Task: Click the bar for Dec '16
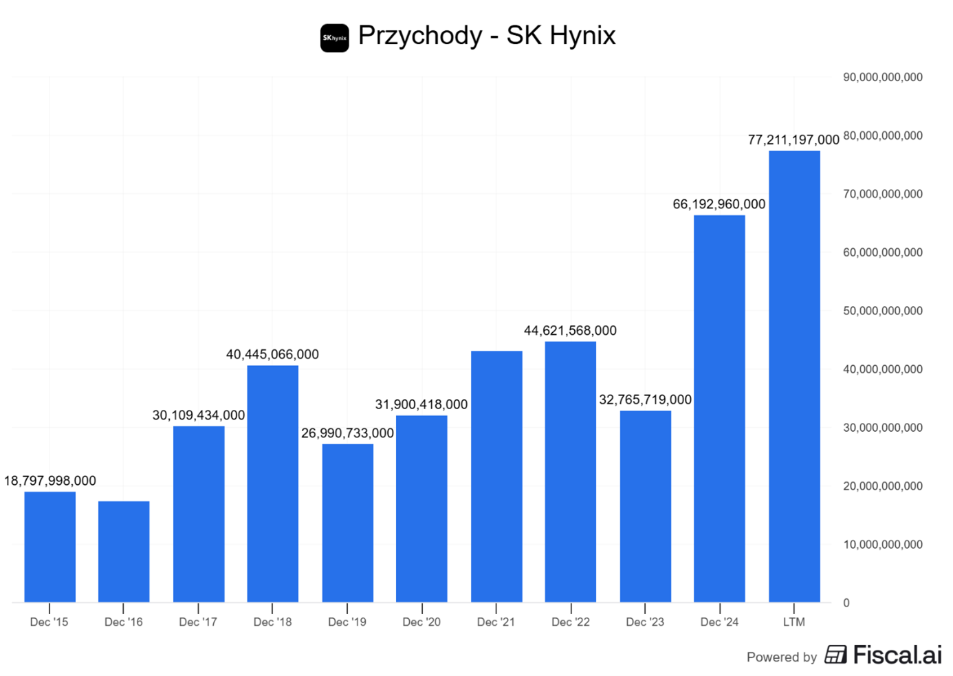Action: pyautogui.click(x=124, y=552)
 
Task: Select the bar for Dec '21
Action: pyautogui.click(x=496, y=477)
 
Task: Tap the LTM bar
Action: pyautogui.click(x=794, y=376)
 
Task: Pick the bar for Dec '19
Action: pyautogui.click(x=347, y=523)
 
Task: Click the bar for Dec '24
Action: pyautogui.click(x=719, y=408)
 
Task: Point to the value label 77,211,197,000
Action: pyautogui.click(x=793, y=140)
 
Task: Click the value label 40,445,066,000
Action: pyautogui.click(x=272, y=355)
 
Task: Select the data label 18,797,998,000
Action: pyautogui.click(x=50, y=481)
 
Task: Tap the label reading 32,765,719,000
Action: pyautogui.click(x=645, y=400)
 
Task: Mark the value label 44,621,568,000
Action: pyautogui.click(x=570, y=331)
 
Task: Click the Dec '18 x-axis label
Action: pyautogui.click(x=272, y=622)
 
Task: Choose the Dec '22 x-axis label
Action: pyautogui.click(x=571, y=622)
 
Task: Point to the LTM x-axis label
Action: pyautogui.click(x=793, y=622)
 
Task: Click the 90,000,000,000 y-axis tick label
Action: pyautogui.click(x=882, y=78)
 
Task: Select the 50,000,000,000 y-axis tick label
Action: pyautogui.click(x=882, y=311)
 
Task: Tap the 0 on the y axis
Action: pyautogui.click(x=846, y=603)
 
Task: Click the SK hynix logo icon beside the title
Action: pyautogui.click(x=335, y=38)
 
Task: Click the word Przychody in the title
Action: pyautogui.click(x=420, y=36)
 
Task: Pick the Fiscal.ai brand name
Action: pyautogui.click(x=897, y=655)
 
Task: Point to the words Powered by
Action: pyautogui.click(x=781, y=657)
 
